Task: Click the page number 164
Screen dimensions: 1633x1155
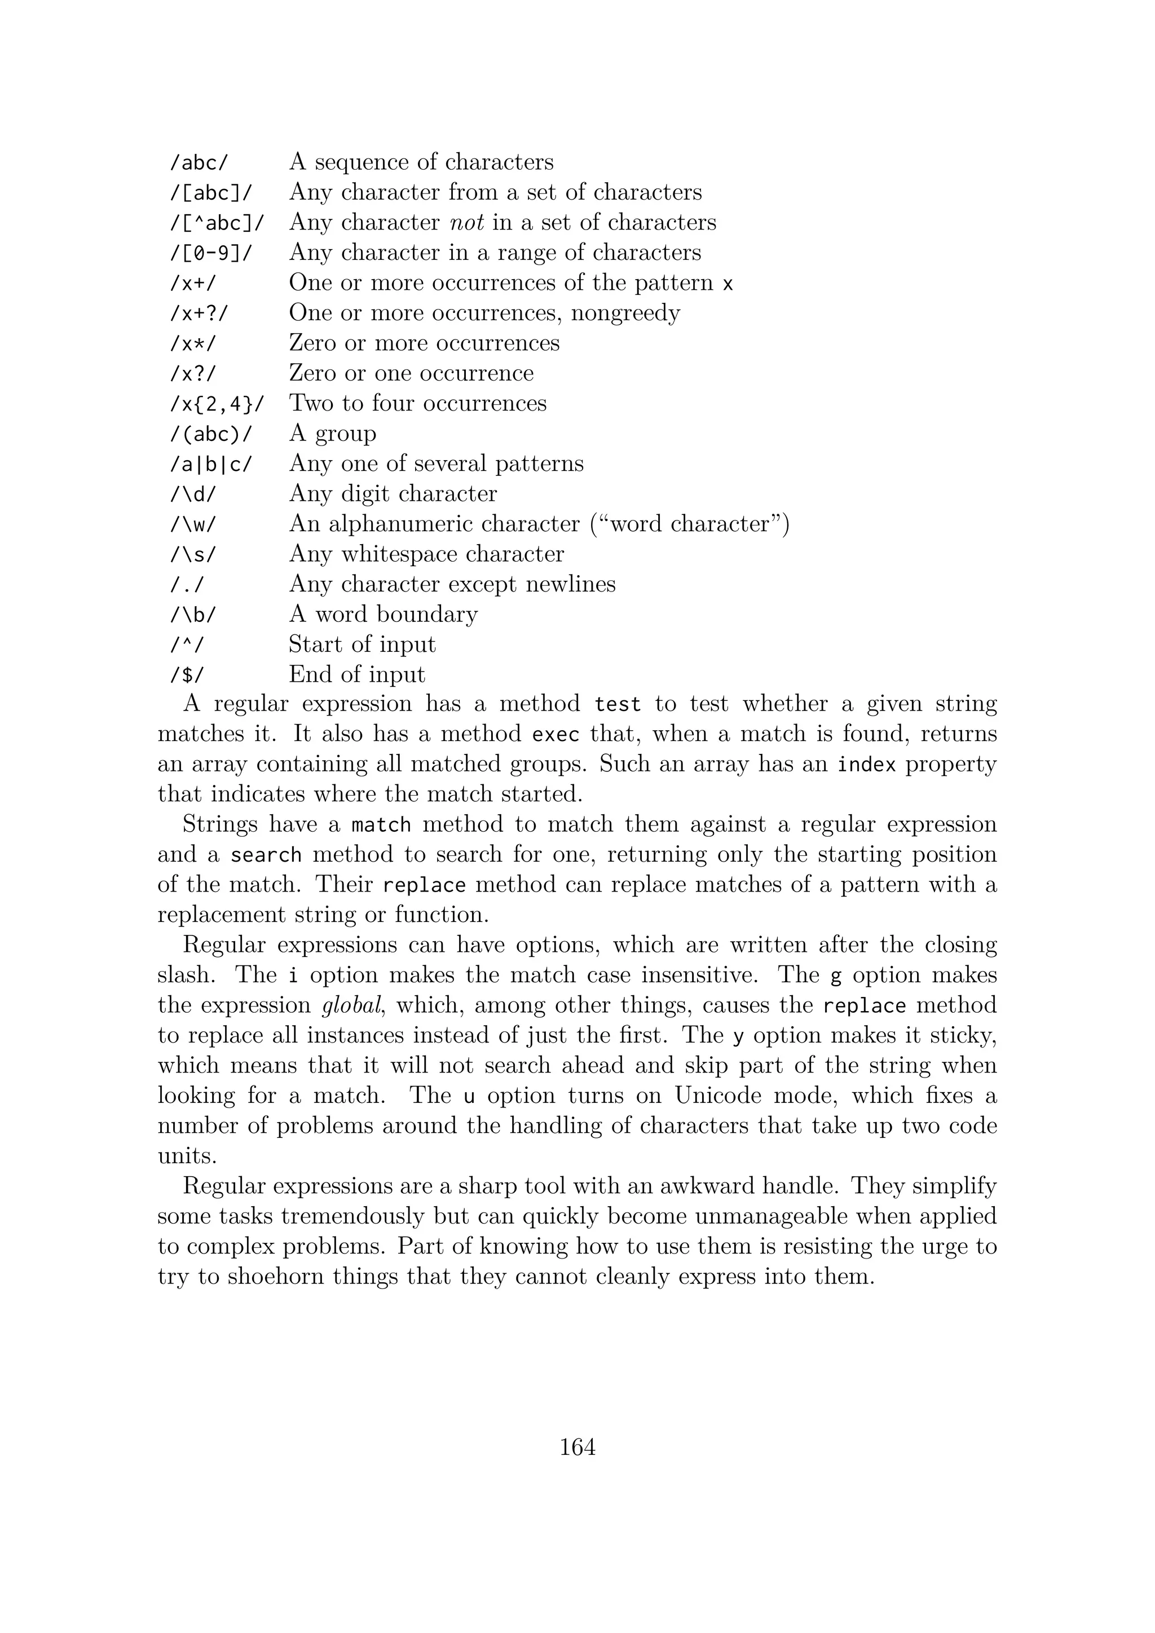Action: [x=577, y=1447]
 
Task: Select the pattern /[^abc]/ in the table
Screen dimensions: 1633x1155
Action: [x=216, y=223]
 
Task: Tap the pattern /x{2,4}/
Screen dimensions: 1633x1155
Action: [x=216, y=404]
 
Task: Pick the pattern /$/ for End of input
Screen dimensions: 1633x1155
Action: [x=186, y=675]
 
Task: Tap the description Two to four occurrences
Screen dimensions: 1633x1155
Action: [x=417, y=403]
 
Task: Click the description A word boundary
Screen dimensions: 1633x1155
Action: [x=382, y=615]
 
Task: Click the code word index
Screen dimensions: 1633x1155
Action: [x=866, y=765]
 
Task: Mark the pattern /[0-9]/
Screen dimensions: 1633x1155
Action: [x=210, y=253]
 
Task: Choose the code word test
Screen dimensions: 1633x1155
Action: [x=618, y=704]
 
